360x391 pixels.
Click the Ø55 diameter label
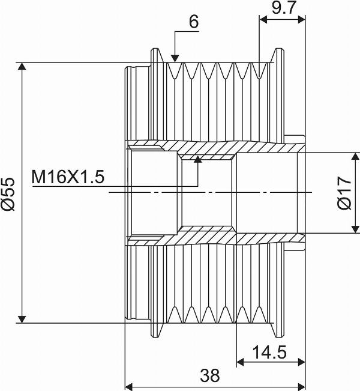tap(8, 194)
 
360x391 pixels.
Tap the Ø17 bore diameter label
tap(344, 193)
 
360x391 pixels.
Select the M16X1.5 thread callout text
tap(68, 177)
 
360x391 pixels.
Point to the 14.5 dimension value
tap(269, 353)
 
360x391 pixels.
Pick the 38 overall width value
tap(210, 375)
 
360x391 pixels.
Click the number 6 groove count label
tap(194, 22)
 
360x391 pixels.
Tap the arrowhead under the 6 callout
tap(175, 59)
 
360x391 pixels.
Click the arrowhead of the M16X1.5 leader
tap(198, 159)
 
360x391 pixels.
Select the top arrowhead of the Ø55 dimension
tap(22, 67)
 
